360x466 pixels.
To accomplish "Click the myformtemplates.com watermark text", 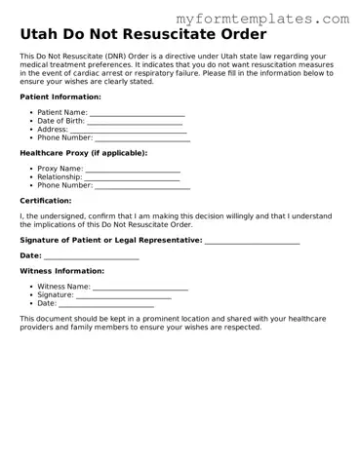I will click(262, 19).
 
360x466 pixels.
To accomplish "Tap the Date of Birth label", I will click(67, 121).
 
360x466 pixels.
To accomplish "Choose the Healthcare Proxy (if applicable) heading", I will click(83, 153).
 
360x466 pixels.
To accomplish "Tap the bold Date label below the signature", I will click(30, 255).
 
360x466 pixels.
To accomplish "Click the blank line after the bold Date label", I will click(92, 256).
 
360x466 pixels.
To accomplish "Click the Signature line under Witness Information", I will click(124, 295).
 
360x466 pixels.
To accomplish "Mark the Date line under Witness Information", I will click(106, 304).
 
